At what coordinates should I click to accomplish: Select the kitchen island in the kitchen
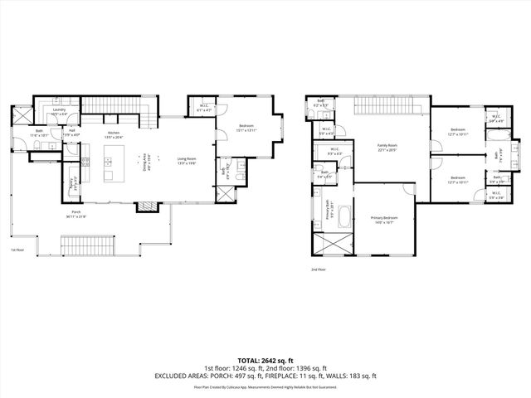[x=108, y=165]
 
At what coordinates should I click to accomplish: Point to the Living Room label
[x=186, y=162]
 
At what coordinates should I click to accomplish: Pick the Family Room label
[x=388, y=148]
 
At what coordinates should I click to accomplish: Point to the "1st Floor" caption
[x=17, y=249]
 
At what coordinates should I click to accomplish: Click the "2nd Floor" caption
[x=319, y=269]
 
